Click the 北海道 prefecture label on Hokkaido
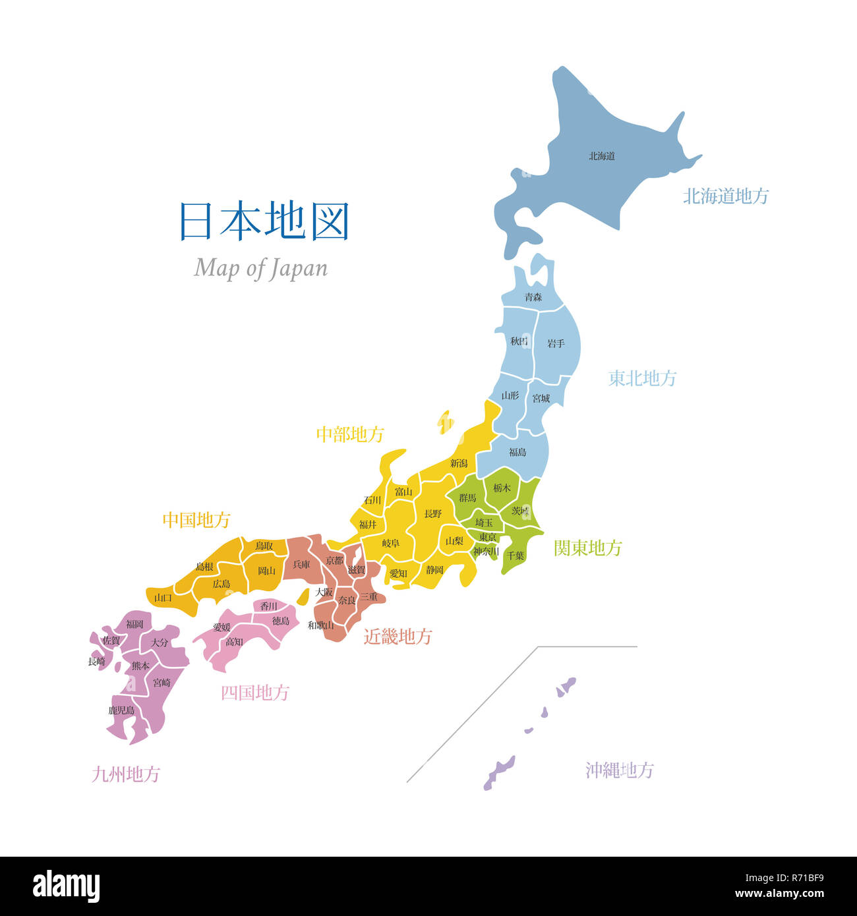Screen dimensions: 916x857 pyautogui.click(x=602, y=156)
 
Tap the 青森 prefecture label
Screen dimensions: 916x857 pyautogui.click(x=533, y=297)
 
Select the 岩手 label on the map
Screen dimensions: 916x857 pyautogui.click(x=556, y=343)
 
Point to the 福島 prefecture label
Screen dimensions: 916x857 pyautogui.click(x=517, y=452)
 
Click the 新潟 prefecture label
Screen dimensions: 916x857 pyautogui.click(x=459, y=463)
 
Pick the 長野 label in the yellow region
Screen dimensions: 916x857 pyautogui.click(x=433, y=513)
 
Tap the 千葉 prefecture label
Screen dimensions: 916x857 pyautogui.click(x=516, y=556)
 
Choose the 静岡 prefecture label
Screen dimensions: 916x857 pyautogui.click(x=434, y=569)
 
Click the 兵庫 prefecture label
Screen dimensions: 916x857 pyautogui.click(x=301, y=565)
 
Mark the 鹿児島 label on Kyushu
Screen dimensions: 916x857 pyautogui.click(x=121, y=710)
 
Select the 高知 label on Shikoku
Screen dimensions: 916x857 pyautogui.click(x=234, y=641)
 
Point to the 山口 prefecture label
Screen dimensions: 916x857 pyautogui.click(x=163, y=598)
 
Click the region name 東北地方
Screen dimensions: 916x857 pyautogui.click(x=642, y=378)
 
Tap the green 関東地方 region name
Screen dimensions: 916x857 pyautogui.click(x=587, y=548)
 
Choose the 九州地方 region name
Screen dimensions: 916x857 pyautogui.click(x=126, y=774)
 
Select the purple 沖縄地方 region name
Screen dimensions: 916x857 pyautogui.click(x=619, y=770)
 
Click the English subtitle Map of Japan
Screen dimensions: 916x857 pyautogui.click(x=260, y=268)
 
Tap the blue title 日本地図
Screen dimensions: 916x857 pyautogui.click(x=264, y=221)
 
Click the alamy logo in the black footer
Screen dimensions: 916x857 pyautogui.click(x=66, y=886)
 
